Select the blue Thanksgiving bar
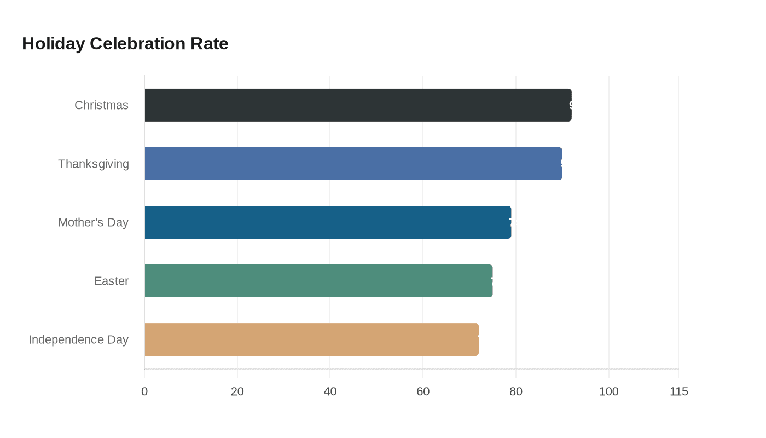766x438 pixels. tap(353, 164)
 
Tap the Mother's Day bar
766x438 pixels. tap(328, 222)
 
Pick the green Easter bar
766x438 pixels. tap(318, 281)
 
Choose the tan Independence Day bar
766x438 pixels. tap(311, 339)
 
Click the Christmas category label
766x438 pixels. tap(101, 105)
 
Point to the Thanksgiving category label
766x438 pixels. tap(94, 164)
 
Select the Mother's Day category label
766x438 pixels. tap(93, 222)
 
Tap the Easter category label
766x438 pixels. tap(111, 281)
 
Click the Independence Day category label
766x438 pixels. tap(78, 339)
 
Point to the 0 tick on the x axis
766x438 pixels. tap(144, 391)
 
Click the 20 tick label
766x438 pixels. tap(237, 391)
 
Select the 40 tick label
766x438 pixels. tap(330, 391)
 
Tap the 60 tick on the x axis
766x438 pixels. tap(423, 391)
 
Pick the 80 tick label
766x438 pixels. tap(516, 391)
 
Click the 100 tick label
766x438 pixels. tap(609, 391)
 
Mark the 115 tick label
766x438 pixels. tap(679, 391)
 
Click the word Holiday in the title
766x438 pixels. tap(53, 43)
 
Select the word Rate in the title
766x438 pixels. tap(210, 43)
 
